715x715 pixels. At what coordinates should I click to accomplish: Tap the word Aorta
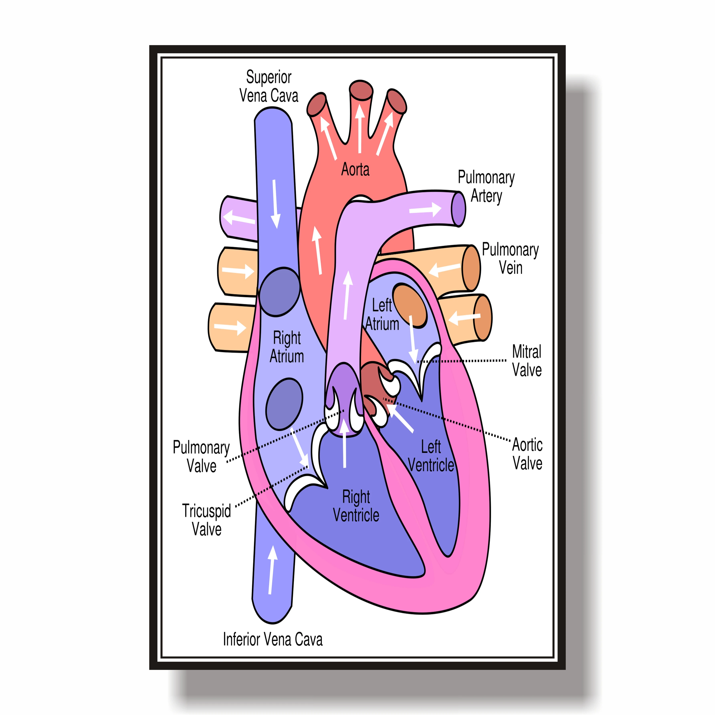pos(355,169)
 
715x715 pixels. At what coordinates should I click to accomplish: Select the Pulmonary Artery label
pos(486,187)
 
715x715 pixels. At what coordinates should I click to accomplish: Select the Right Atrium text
pos(287,347)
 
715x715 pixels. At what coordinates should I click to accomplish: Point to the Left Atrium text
pos(382,315)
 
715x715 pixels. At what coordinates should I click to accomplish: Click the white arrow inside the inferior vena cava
pos(272,570)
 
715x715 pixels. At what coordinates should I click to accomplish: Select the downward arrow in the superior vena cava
pos(275,204)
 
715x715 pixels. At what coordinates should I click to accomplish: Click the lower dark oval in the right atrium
pos(284,404)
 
